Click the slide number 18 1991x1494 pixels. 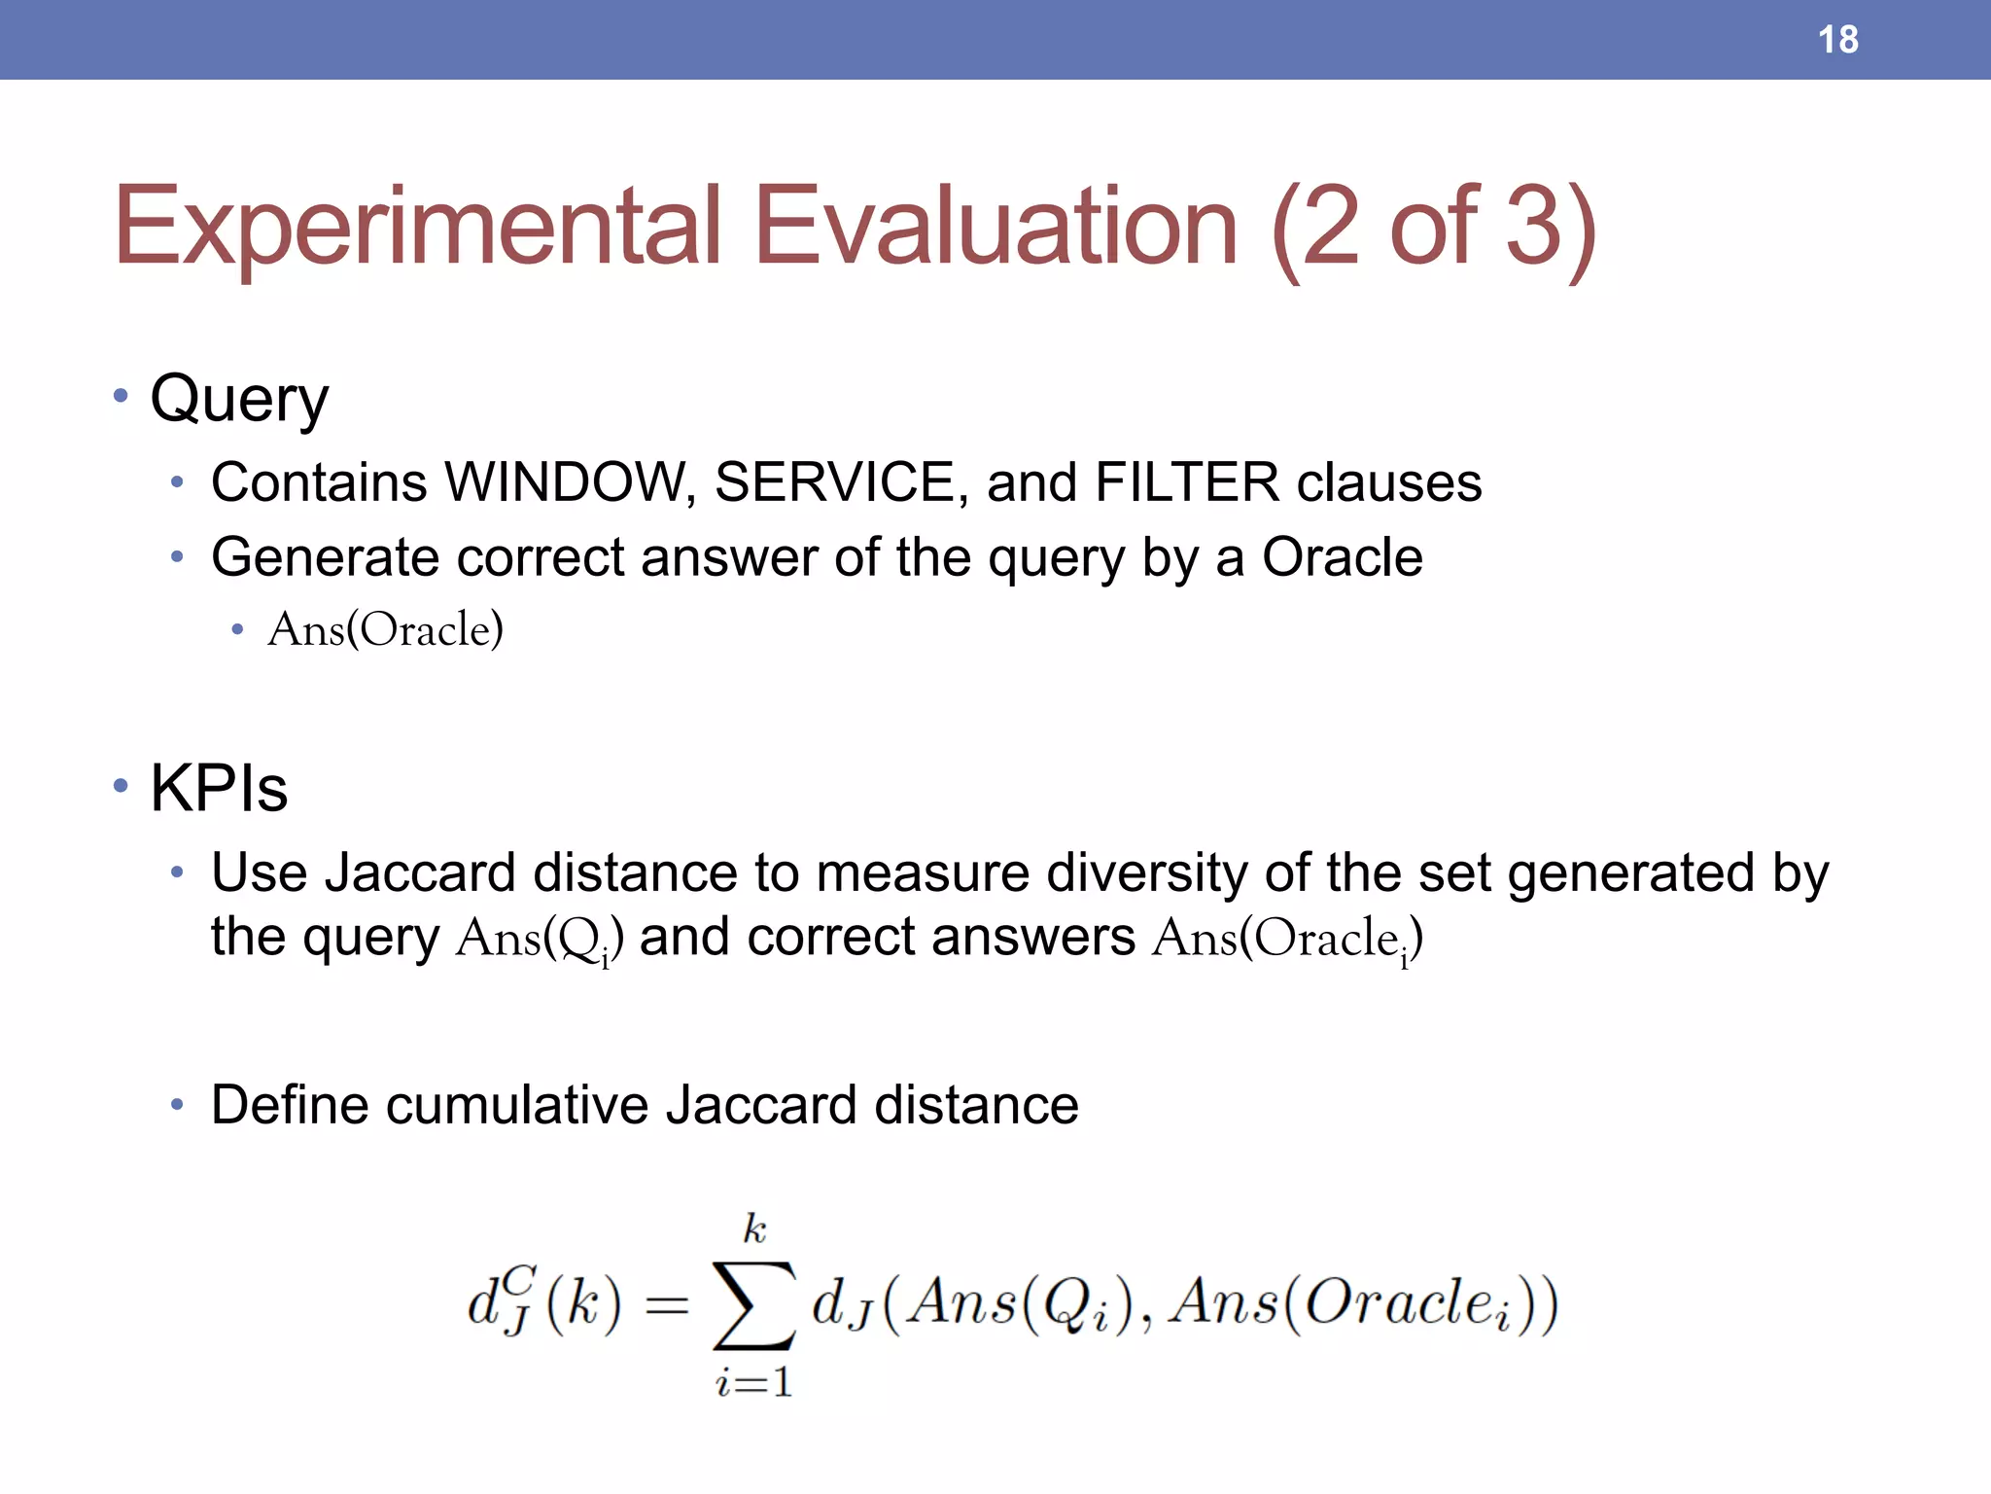point(1837,40)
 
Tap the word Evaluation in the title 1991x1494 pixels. point(995,227)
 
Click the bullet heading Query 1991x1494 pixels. point(239,400)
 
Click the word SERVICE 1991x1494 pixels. point(839,482)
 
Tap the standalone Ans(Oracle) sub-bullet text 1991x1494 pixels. point(385,629)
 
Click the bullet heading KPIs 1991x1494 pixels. point(219,788)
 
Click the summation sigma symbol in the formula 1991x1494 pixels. point(754,1305)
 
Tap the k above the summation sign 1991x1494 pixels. point(754,1229)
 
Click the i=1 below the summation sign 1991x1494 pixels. point(754,1382)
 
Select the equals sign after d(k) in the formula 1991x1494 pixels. point(667,1306)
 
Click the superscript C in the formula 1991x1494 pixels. point(520,1278)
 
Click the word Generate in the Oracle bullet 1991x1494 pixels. point(326,558)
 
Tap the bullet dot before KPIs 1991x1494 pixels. point(121,785)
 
